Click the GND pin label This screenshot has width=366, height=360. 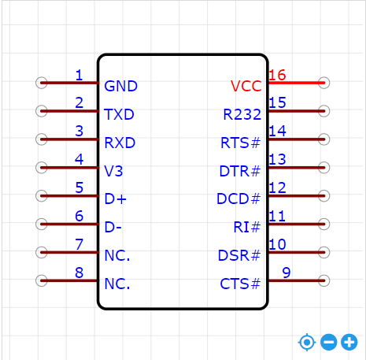coord(120,86)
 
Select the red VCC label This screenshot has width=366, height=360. coord(246,86)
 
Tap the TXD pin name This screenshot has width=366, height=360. coord(119,114)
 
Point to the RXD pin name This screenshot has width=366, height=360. coord(120,143)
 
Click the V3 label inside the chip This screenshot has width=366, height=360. coord(113,171)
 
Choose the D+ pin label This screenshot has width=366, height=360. coord(116,199)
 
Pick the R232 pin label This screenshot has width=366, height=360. coord(242,114)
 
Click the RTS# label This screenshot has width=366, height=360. coord(241,143)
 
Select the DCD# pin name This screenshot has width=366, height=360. coord(238,199)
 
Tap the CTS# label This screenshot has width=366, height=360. coord(240,284)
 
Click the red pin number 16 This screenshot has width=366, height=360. coord(277,75)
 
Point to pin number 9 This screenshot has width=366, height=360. coord(287,273)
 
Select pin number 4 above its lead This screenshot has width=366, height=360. coord(79,159)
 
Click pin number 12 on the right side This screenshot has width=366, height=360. coord(277,187)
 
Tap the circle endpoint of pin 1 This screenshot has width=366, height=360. coord(42,83)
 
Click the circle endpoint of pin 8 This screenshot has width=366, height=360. coord(42,280)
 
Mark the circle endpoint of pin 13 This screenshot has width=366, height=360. coord(324,168)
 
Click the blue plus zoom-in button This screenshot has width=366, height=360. coord(349,343)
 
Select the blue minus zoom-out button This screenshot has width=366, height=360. coord(329,343)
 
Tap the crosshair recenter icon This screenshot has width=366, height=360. coord(307,343)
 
